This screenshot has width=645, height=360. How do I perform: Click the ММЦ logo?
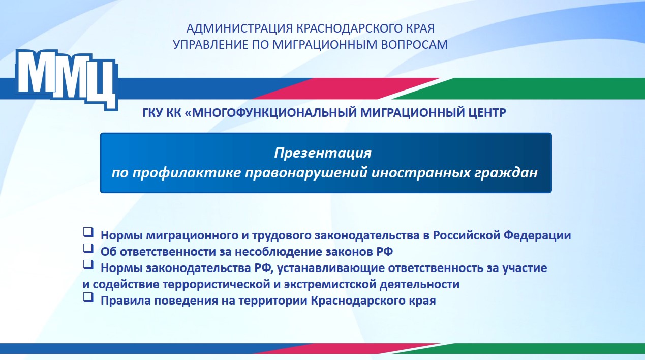67,79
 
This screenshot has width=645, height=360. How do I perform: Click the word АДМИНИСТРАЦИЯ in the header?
239,28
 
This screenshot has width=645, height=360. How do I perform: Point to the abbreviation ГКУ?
153,112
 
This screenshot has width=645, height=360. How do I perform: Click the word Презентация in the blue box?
323,153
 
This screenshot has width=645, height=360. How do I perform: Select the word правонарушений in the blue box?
306,173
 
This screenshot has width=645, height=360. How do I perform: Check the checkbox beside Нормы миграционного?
88,232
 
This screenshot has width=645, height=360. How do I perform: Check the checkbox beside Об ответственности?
88,248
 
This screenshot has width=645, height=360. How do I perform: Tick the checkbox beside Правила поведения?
88,297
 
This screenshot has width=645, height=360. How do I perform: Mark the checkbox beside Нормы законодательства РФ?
88,265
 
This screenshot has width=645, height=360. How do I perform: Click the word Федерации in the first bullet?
537,235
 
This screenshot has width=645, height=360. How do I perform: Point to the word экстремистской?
330,285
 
